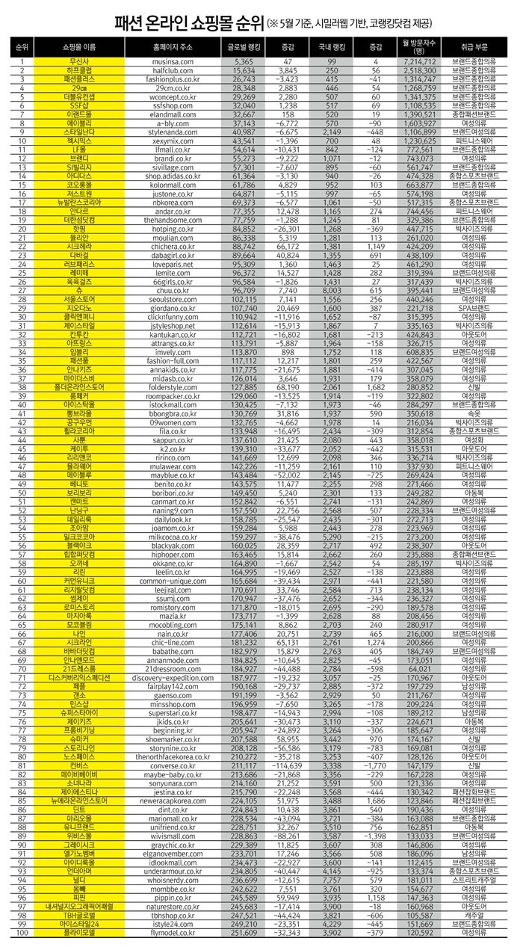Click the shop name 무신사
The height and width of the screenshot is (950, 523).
pos(78,61)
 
